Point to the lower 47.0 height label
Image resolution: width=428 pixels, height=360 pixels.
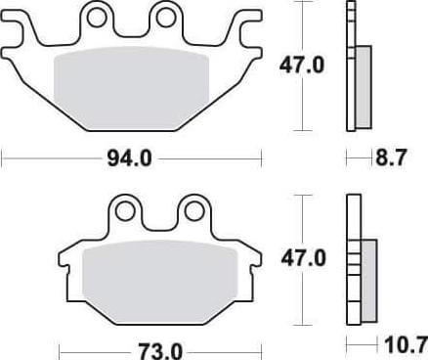[304, 259]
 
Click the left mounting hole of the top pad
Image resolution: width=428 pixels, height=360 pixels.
[95, 17]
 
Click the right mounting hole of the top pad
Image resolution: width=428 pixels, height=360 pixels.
[162, 17]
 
